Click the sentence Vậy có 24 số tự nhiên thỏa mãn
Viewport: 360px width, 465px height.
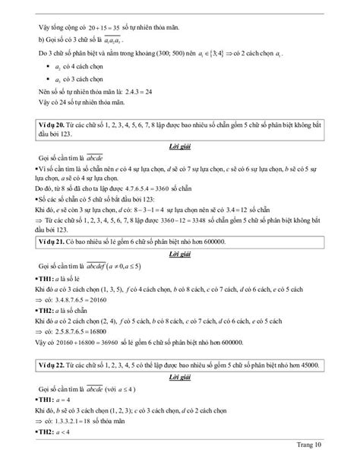pos(80,102)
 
